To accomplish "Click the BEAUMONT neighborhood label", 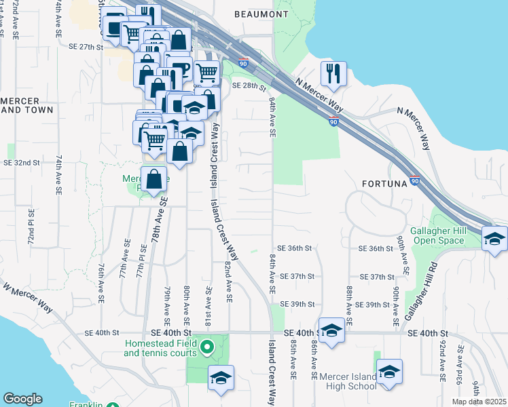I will point(261,14).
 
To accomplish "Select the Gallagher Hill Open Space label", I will point(439,235).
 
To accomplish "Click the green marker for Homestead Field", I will point(210,349).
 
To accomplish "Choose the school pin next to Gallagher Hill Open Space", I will point(494,239).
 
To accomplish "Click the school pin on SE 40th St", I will point(331,330).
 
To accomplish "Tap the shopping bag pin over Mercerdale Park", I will point(154,179).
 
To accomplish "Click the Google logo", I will point(22,399).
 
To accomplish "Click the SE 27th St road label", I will point(86,47).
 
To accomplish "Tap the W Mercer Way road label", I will point(28,296).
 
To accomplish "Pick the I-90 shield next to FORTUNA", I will point(415,182).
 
